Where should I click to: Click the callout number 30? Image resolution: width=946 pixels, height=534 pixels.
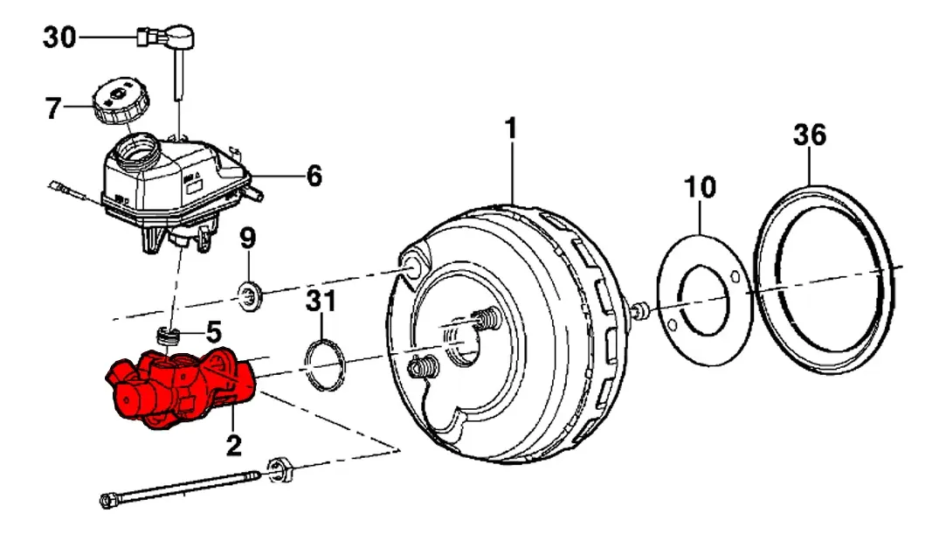(59, 38)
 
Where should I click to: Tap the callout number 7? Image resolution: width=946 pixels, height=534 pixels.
(53, 108)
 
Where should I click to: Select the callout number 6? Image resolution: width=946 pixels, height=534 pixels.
(314, 176)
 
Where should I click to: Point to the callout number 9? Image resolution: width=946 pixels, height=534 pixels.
(248, 239)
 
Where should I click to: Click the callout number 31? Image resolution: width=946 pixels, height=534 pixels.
(321, 302)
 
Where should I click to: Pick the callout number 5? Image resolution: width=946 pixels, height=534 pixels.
(214, 332)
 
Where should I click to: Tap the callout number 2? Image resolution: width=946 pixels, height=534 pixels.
(233, 446)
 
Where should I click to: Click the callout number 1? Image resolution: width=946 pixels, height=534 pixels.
(511, 129)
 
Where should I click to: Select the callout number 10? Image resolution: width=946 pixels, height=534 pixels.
(700, 188)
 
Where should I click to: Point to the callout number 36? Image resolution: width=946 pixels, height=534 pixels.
(810, 135)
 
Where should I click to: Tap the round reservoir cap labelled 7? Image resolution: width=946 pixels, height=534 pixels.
(121, 101)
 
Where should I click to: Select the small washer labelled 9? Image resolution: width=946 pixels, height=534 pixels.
(249, 295)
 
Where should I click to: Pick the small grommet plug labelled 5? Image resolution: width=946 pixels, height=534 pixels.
(169, 336)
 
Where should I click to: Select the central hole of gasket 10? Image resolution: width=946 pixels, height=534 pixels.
(703, 299)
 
